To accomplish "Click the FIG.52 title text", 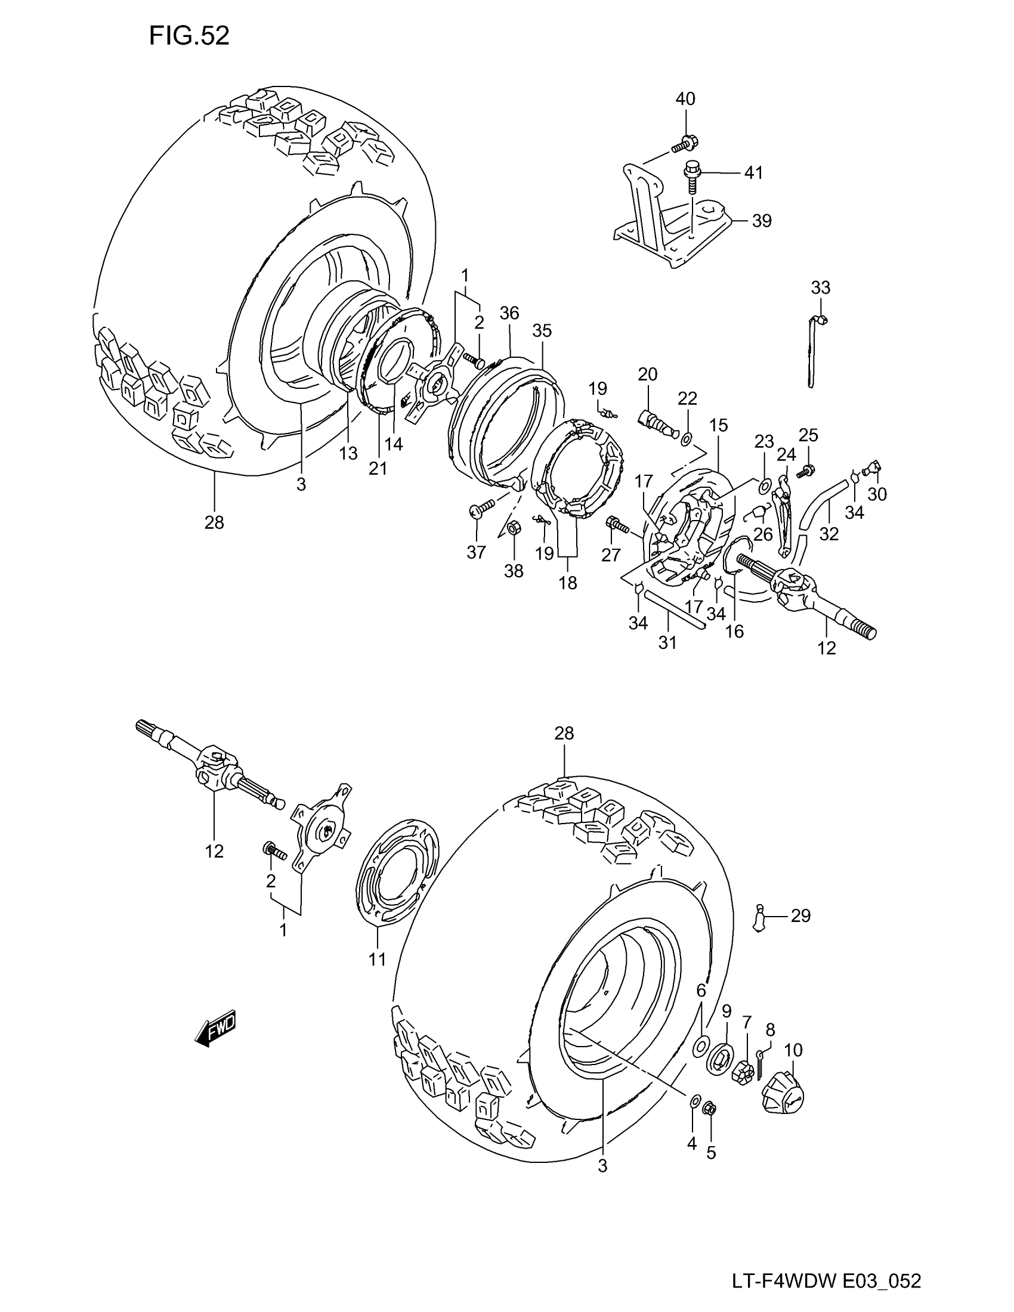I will click(x=188, y=36).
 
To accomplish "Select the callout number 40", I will click(x=685, y=98).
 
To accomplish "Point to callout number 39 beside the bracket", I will click(x=762, y=221).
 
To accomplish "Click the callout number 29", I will click(x=800, y=916).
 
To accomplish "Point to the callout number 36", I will click(x=509, y=313).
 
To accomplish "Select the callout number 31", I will click(x=667, y=642).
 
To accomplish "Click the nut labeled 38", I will click(x=514, y=528).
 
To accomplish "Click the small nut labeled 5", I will click(x=709, y=1107).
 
